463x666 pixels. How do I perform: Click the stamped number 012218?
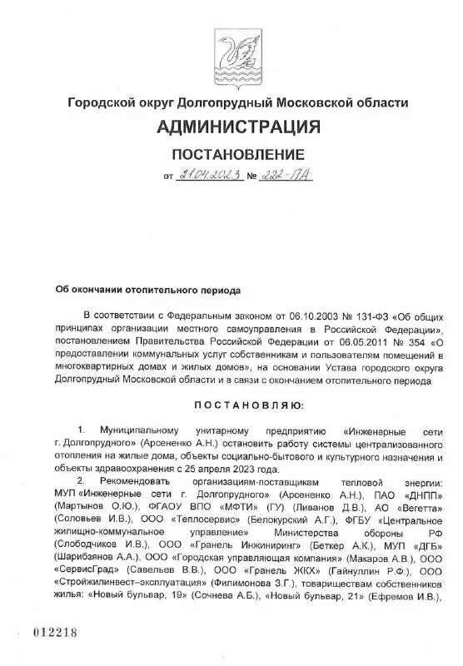[x=55, y=633]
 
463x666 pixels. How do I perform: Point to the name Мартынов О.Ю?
[x=90, y=504]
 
